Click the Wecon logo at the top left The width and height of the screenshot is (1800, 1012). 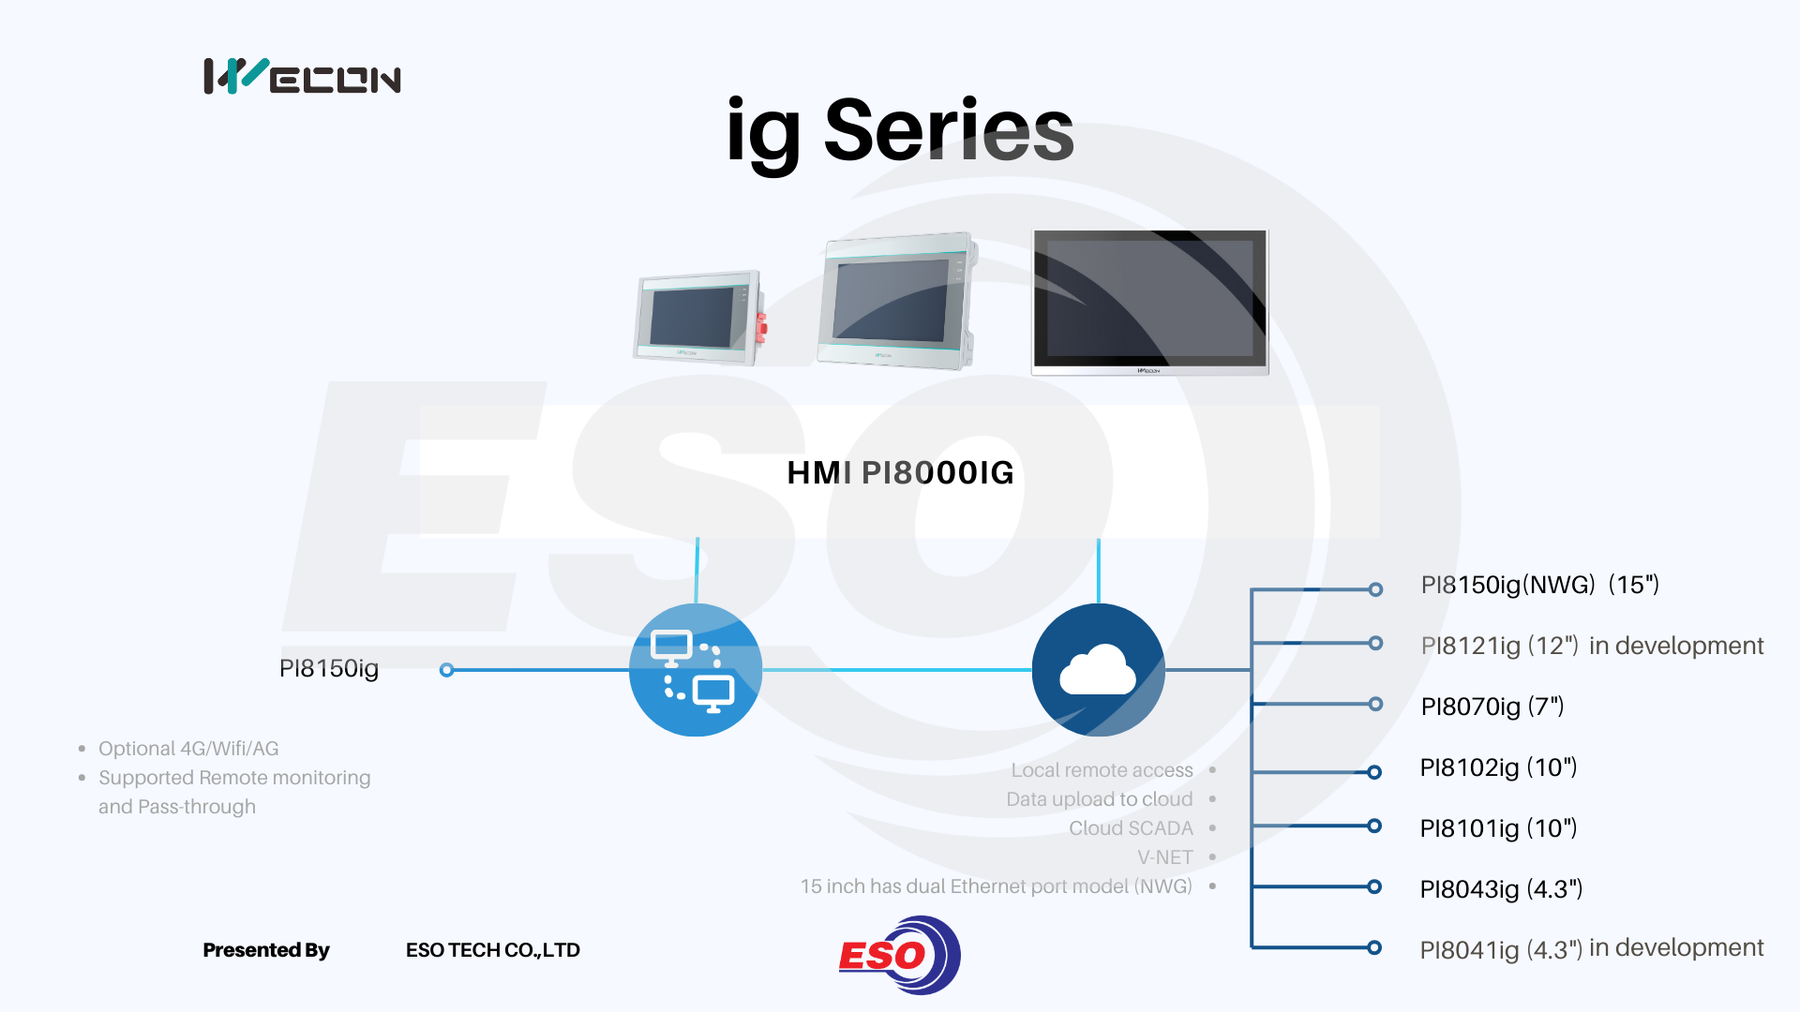coord(302,76)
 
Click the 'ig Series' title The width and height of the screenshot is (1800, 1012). coord(900,131)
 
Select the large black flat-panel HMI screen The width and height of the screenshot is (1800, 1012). coord(1150,302)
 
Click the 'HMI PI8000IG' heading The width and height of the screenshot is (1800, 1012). coord(900,472)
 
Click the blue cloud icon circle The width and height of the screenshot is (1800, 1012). coord(1098,670)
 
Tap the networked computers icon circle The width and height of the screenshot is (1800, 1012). coord(696,670)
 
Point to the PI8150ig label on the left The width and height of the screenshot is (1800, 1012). coord(329,668)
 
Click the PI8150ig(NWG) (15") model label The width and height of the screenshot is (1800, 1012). coord(1539,585)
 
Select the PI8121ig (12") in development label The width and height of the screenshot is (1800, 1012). coord(1592,646)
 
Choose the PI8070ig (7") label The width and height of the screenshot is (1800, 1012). coord(1492,707)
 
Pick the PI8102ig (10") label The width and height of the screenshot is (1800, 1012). coord(1498,767)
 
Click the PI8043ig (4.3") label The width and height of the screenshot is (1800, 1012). coord(1501,889)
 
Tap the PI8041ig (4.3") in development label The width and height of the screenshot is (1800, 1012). coord(1592,949)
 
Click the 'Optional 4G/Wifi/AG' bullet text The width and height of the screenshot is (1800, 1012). coord(188,749)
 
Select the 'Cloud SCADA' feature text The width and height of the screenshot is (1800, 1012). coord(1131,828)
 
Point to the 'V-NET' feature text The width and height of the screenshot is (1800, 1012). coord(1164,857)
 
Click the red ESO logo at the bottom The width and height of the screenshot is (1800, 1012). coord(899,955)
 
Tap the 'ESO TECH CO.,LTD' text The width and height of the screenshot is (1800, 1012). coord(493,950)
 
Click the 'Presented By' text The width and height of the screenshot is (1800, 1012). coord(266,950)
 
